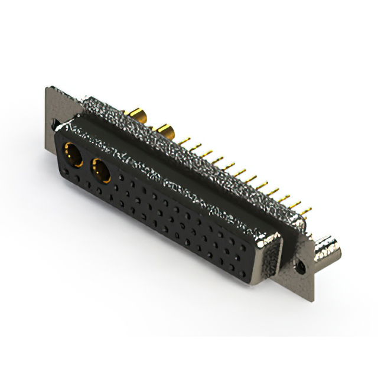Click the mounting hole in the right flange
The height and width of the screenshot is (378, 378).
point(302,268)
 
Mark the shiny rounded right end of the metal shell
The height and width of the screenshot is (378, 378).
point(272,248)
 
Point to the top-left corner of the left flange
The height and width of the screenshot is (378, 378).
point(47,88)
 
